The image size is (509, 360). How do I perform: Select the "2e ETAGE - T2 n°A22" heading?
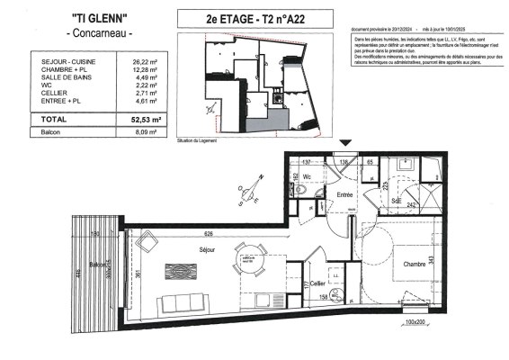click(x=254, y=18)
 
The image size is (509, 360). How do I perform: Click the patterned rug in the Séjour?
click(x=185, y=272)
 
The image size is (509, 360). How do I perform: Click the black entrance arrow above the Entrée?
click(x=346, y=143)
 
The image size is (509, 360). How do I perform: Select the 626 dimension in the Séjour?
click(x=207, y=233)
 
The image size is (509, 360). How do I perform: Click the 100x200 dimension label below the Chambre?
click(x=415, y=321)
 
